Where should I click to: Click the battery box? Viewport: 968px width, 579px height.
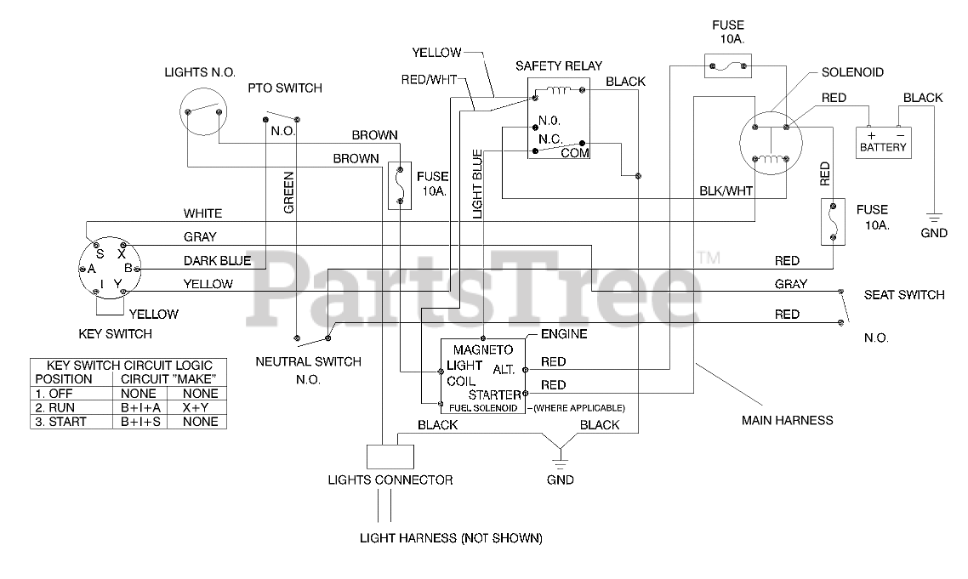pyautogui.click(x=883, y=143)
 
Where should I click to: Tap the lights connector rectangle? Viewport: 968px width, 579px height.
pyautogui.click(x=390, y=457)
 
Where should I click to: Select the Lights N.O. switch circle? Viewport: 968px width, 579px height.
pyautogui.click(x=203, y=111)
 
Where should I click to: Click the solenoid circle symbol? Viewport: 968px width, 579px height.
pyautogui.click(x=771, y=143)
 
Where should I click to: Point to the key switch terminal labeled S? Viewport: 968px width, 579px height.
pyautogui.click(x=98, y=246)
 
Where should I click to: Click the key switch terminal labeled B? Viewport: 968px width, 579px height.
pyautogui.click(x=136, y=270)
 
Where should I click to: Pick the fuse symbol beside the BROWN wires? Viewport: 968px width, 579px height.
pyautogui.click(x=400, y=185)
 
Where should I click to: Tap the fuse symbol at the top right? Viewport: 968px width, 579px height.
pyautogui.click(x=728, y=65)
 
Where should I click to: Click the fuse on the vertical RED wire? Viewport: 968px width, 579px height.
pyautogui.click(x=833, y=222)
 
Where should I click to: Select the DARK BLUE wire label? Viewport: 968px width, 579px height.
pyautogui.click(x=217, y=260)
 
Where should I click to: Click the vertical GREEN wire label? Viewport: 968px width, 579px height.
pyautogui.click(x=288, y=193)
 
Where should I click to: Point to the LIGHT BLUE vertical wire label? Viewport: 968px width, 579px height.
pyautogui.click(x=477, y=184)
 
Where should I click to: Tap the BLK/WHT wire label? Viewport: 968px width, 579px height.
pyautogui.click(x=726, y=190)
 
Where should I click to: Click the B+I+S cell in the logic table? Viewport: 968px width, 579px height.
pyautogui.click(x=140, y=422)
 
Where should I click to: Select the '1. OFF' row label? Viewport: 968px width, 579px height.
pyautogui.click(x=54, y=393)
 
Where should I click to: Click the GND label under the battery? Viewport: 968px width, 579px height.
pyautogui.click(x=933, y=233)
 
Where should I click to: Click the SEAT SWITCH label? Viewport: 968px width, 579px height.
pyautogui.click(x=904, y=295)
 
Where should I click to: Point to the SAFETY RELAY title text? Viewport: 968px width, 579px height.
pyautogui.click(x=559, y=66)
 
